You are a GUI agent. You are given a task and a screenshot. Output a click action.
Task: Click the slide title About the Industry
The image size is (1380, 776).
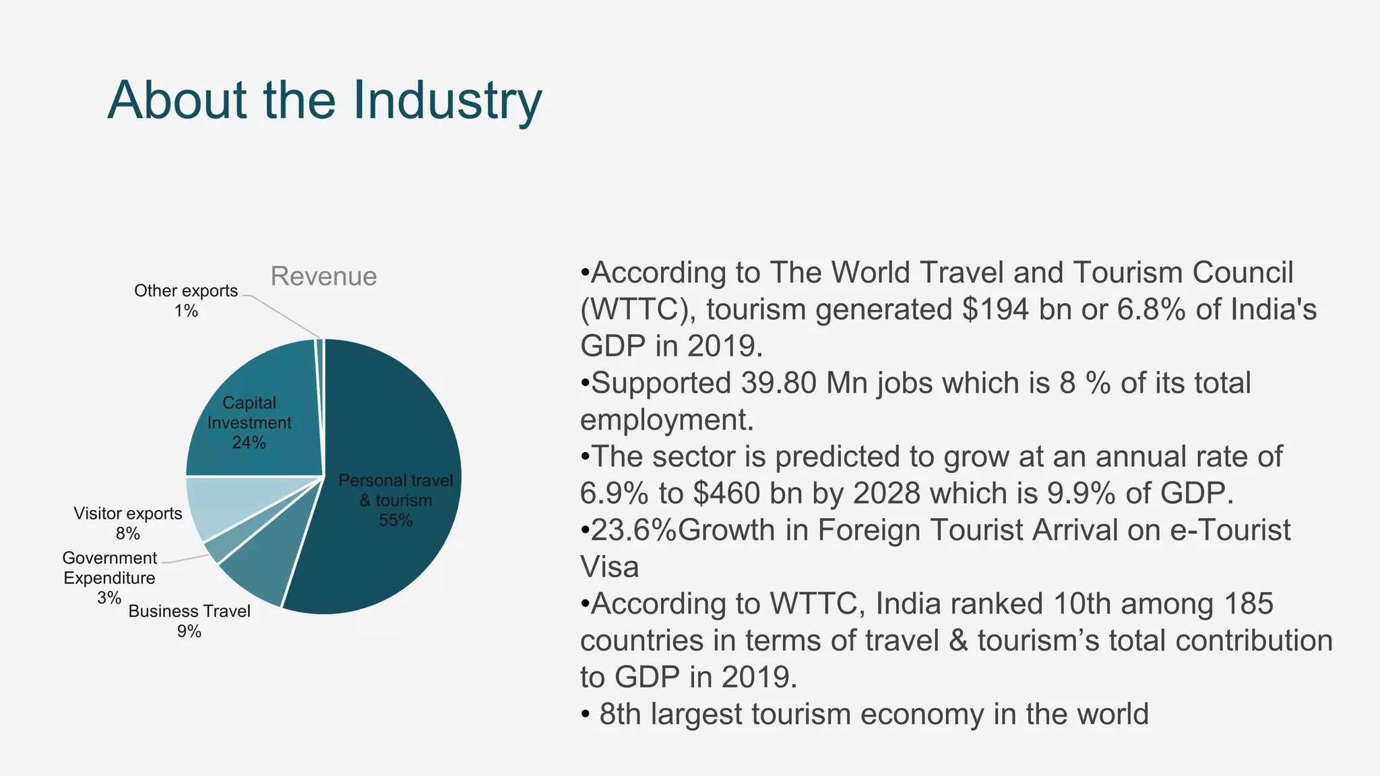pos(324,100)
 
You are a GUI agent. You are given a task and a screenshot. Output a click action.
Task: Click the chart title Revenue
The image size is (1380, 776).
pos(323,276)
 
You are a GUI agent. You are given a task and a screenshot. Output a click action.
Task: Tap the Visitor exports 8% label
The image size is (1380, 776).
pos(128,523)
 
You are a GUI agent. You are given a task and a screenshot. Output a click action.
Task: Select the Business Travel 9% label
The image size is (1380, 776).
pos(189,620)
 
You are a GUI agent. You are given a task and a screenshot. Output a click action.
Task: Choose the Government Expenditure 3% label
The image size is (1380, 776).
pos(109,577)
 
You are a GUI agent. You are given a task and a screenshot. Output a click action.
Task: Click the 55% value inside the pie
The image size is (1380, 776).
pos(396,520)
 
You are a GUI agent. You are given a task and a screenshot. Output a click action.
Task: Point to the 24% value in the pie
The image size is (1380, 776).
pos(249,443)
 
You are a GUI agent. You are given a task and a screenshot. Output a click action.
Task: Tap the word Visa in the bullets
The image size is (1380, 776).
pos(609,567)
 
